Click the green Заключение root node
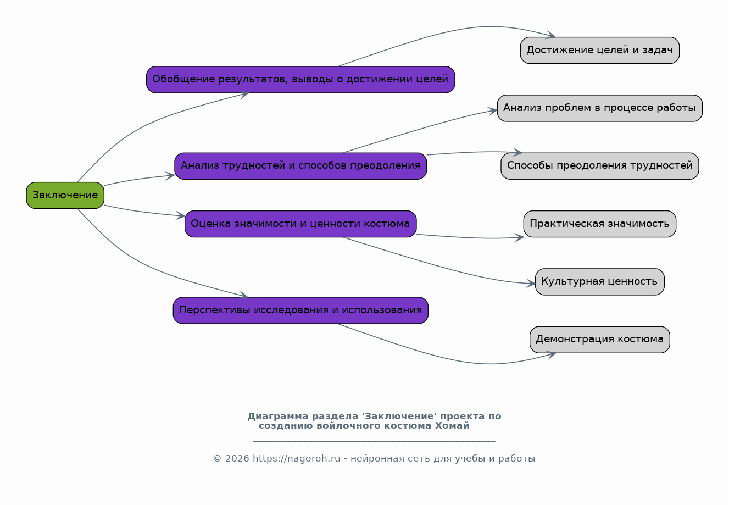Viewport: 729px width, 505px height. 65,195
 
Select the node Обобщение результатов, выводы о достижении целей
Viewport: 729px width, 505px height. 300,79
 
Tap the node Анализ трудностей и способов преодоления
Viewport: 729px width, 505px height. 300,165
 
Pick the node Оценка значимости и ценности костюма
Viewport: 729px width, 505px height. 300,224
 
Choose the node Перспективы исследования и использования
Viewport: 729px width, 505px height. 300,310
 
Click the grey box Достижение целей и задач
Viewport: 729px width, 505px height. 599,50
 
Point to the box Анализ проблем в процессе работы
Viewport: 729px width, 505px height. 599,108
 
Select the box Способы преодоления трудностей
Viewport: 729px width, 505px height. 599,165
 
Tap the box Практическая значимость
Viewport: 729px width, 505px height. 599,224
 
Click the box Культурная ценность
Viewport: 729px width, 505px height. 599,281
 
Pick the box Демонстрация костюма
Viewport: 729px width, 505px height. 599,339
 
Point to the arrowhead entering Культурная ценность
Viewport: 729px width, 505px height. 531,284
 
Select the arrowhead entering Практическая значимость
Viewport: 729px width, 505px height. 519,237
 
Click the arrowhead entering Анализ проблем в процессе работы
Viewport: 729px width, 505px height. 493,111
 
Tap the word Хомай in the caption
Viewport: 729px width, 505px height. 452,425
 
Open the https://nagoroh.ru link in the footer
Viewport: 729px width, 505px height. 296,459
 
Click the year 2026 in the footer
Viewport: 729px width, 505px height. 236,459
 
